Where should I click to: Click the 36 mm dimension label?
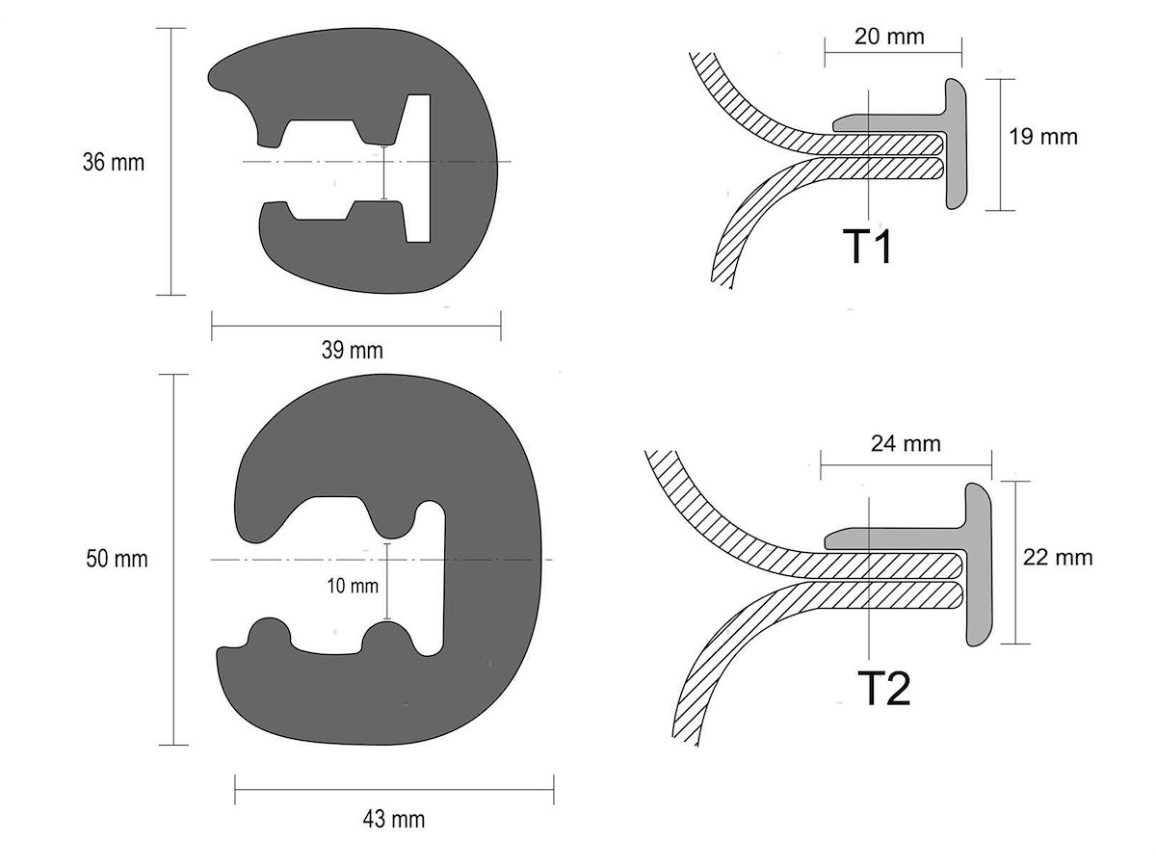[x=114, y=162]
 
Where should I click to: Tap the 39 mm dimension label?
[x=353, y=350]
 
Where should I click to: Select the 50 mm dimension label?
[x=117, y=559]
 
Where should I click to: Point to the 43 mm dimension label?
[x=393, y=819]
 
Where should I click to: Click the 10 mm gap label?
[x=353, y=586]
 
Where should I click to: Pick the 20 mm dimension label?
[x=889, y=37]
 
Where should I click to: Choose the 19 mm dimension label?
[x=1042, y=137]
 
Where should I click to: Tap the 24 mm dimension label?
[x=906, y=444]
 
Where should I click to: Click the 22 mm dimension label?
[x=1058, y=558]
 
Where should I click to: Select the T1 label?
[x=867, y=247]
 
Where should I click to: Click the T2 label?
[x=883, y=689]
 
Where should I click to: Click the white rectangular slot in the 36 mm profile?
[x=420, y=169]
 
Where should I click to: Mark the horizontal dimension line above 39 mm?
[x=356, y=326]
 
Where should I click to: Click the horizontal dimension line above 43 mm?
[x=394, y=790]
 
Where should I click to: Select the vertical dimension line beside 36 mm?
[x=171, y=162]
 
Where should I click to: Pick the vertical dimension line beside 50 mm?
[x=173, y=560]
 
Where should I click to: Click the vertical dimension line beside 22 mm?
[x=1015, y=563]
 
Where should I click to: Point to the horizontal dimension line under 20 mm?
[x=893, y=53]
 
